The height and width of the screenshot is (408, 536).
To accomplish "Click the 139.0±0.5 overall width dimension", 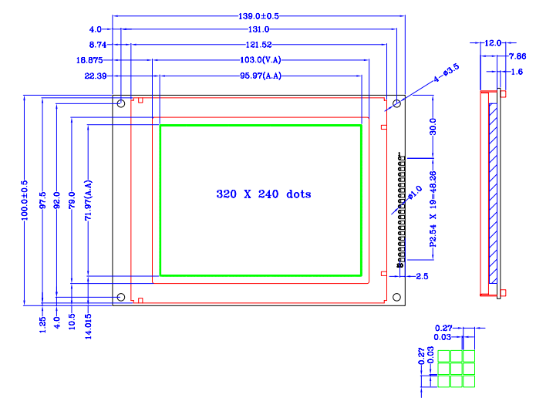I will [258, 16].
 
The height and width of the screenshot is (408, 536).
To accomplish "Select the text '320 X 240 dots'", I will [264, 194].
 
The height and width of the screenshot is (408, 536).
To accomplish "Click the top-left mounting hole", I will [120, 103].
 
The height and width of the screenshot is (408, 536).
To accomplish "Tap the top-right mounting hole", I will [396, 103].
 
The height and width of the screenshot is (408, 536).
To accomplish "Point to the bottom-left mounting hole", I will [120, 297].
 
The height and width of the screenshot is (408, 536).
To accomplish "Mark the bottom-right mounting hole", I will [396, 297].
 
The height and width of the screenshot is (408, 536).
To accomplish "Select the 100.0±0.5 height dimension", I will [25, 201].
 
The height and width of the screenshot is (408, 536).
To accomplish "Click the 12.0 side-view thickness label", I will [492, 42].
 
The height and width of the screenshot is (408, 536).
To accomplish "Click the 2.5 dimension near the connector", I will [422, 276].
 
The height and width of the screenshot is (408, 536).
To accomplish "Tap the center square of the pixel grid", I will [457, 368].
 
